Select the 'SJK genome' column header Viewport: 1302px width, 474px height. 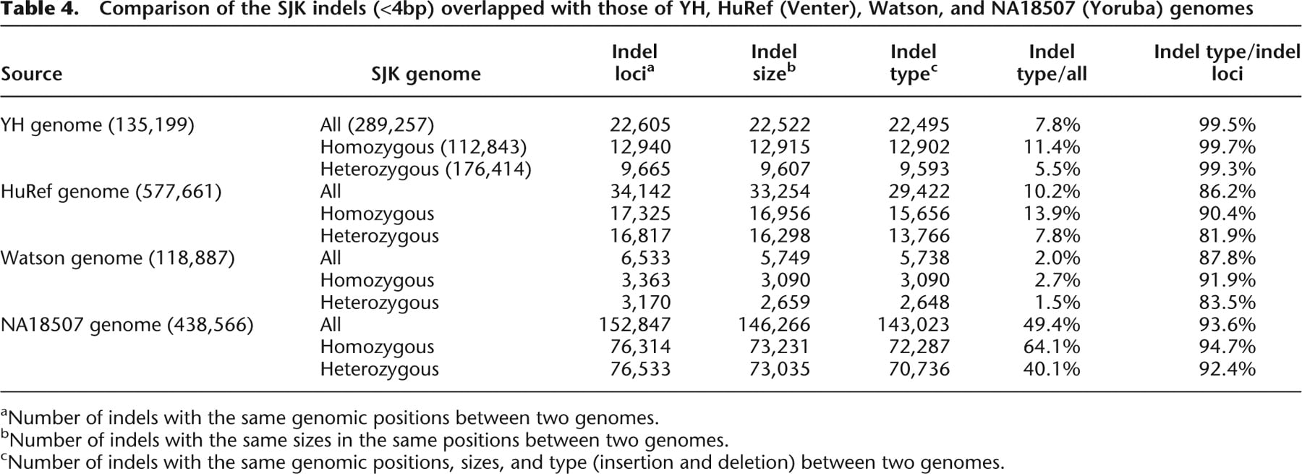426,74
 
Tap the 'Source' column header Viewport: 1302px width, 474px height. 32,74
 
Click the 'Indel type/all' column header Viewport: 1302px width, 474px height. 1052,62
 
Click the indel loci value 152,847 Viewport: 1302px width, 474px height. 635,324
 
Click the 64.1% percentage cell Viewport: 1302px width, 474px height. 1052,347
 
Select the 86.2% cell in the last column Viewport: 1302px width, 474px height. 1227,191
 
